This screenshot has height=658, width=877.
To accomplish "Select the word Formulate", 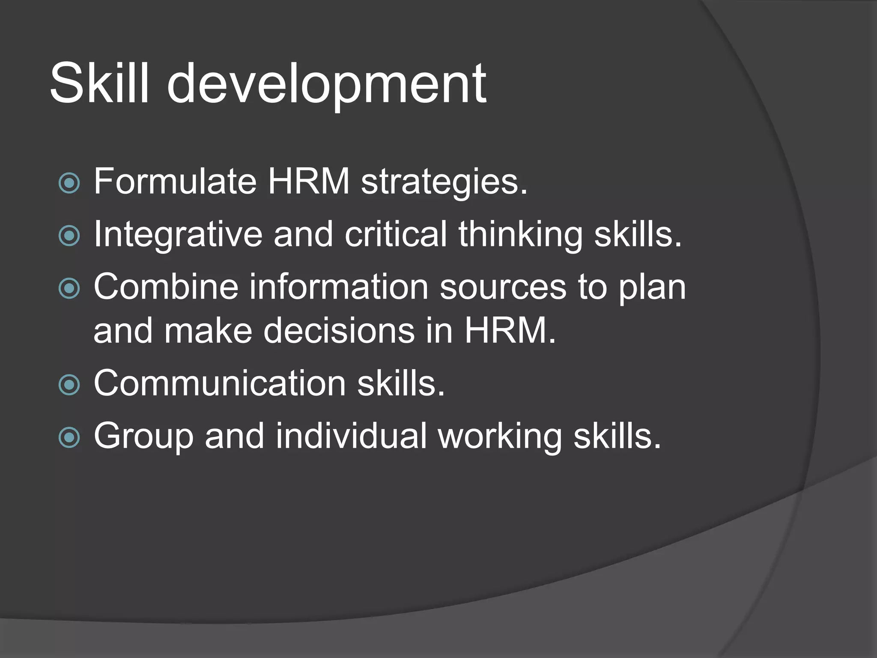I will (175, 181).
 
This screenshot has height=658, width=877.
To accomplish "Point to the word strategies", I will (444, 183).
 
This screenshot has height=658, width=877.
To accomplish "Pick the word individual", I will (351, 436).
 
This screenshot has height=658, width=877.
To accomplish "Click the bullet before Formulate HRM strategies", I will (69, 183).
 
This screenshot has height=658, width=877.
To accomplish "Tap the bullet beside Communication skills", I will (69, 384).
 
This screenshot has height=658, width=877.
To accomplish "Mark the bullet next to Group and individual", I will (69, 437).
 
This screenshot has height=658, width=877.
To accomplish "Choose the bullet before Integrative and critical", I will (69, 236).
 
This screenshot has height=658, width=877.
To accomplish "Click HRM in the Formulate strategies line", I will (309, 181).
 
